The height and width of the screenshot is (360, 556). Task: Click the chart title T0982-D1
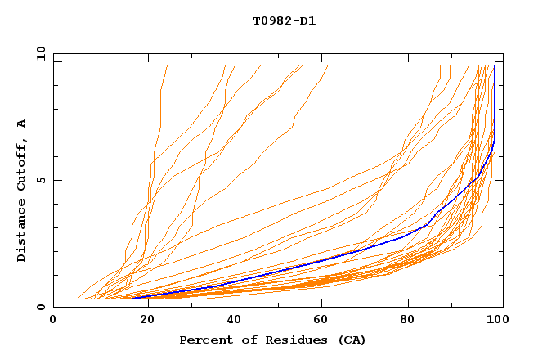284,20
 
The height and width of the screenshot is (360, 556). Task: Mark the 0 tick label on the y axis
40,308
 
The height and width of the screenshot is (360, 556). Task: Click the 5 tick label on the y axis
40,180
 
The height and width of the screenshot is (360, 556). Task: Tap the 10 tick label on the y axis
37,53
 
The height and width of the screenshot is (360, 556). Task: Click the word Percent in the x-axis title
203,340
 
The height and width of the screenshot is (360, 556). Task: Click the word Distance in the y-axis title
22,231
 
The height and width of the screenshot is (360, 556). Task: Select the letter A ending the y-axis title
22,124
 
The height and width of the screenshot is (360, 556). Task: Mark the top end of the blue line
495,66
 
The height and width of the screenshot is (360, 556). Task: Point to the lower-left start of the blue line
132,299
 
